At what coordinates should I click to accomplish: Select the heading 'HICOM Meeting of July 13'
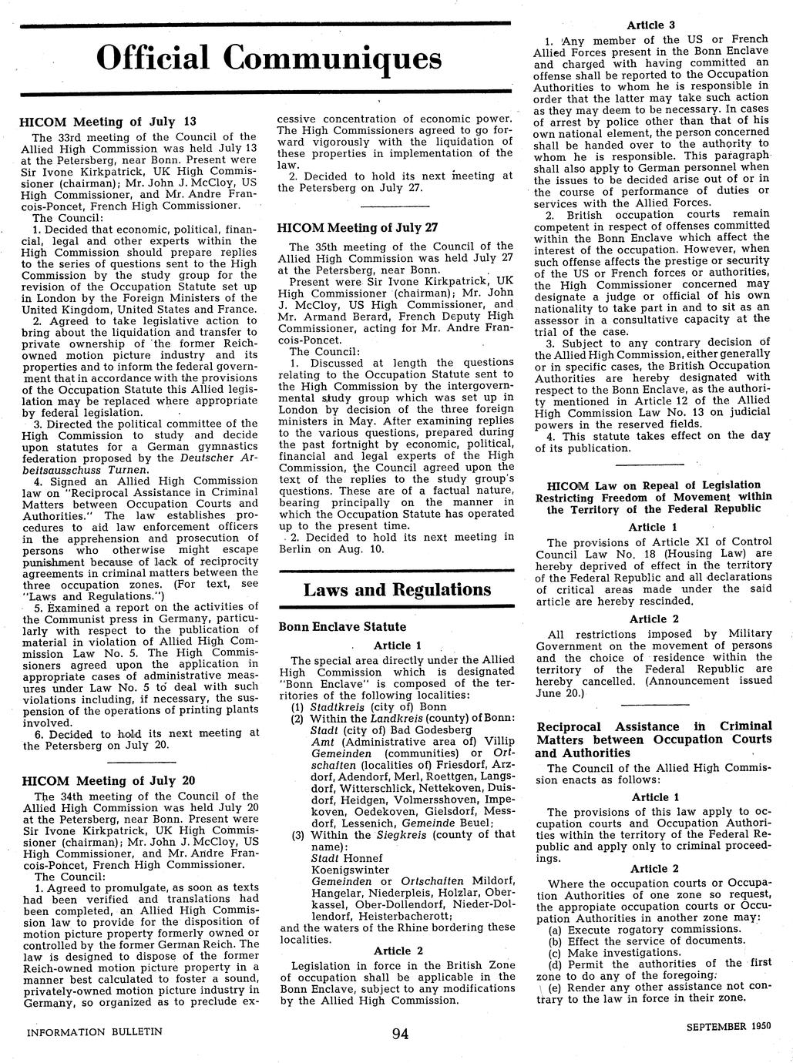click(x=108, y=122)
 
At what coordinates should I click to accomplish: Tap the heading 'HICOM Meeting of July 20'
click(x=108, y=780)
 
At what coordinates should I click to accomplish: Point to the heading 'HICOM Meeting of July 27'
click(x=357, y=227)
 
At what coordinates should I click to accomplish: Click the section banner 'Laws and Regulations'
click(x=397, y=590)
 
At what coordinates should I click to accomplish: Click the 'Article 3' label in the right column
click(x=651, y=25)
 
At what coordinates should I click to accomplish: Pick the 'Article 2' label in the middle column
click(x=398, y=951)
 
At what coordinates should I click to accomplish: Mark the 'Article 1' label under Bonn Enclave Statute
click(x=397, y=646)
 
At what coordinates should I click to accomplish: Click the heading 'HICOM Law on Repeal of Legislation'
click(x=653, y=485)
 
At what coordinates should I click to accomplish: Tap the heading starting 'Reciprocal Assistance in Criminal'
click(x=654, y=726)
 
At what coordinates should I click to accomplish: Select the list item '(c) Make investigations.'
click(x=614, y=952)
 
